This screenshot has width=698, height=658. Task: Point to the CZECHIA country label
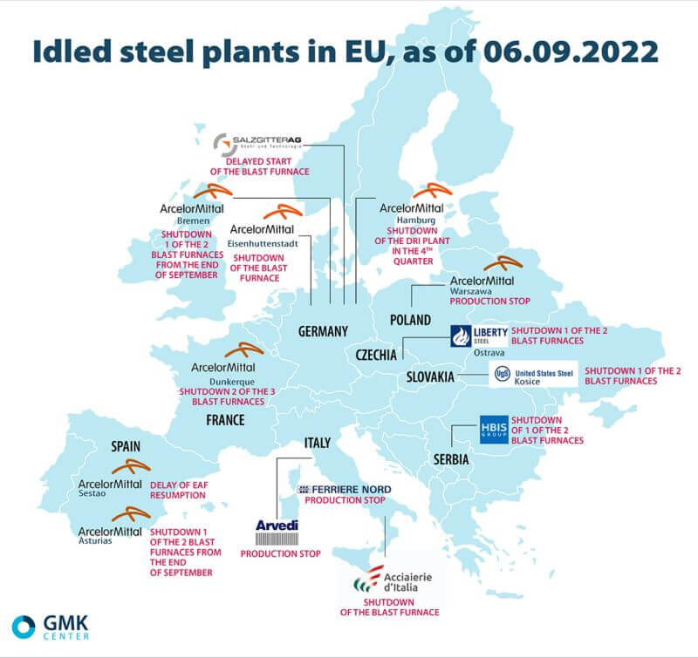click(x=377, y=355)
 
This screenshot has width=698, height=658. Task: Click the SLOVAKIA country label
click(x=430, y=376)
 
